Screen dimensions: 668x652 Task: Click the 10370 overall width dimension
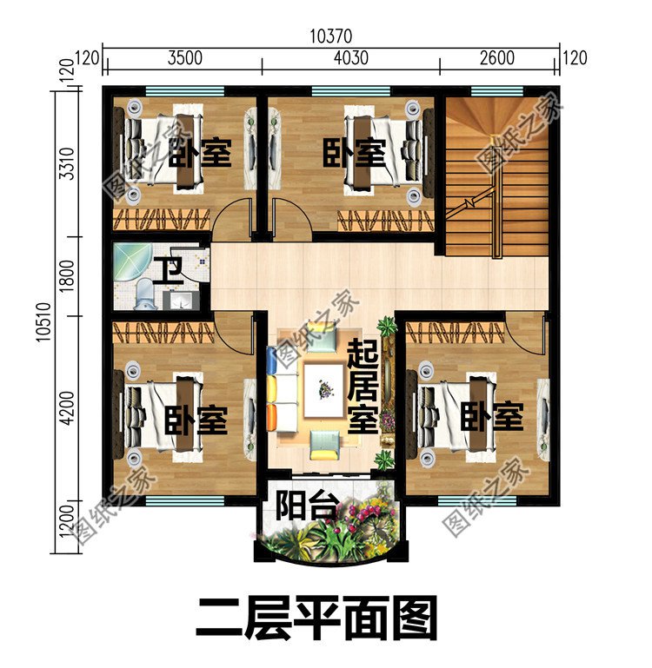330,36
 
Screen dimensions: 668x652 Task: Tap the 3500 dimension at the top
184,59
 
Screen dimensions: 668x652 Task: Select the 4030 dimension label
350,59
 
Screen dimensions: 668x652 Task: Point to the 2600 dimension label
496,59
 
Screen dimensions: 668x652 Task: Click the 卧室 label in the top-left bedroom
199,154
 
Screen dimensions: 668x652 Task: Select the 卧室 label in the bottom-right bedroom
492,419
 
